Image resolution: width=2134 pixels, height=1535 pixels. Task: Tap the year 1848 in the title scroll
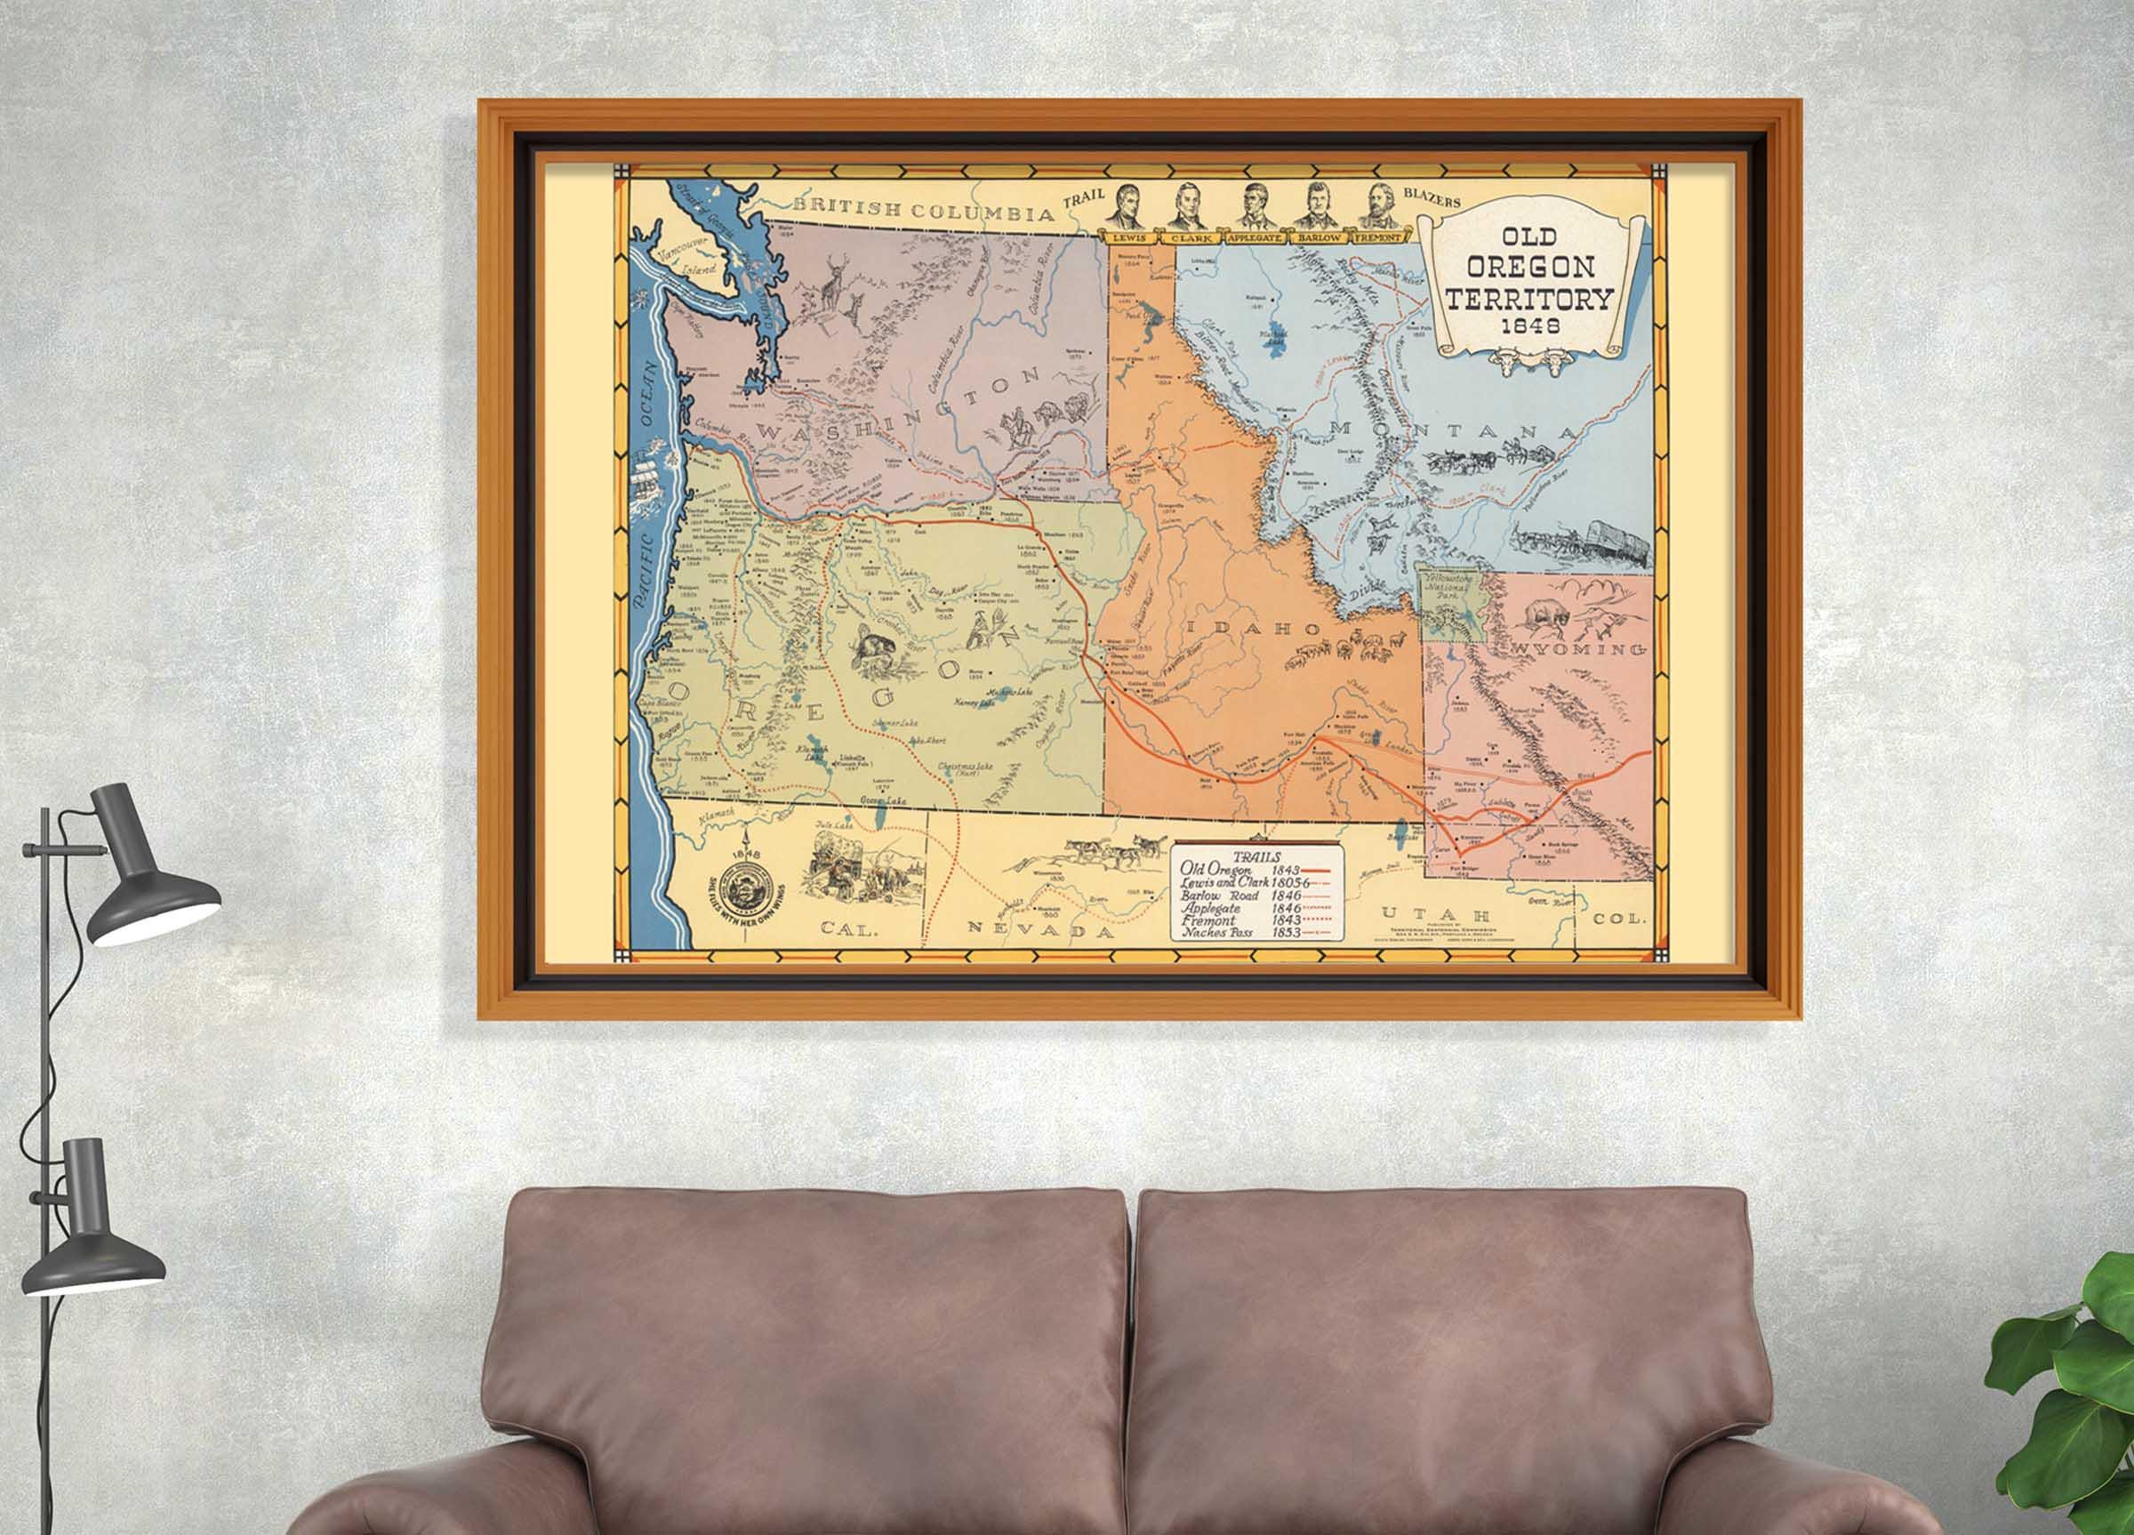click(1530, 325)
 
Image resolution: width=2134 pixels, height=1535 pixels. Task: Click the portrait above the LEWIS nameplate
click(1129, 207)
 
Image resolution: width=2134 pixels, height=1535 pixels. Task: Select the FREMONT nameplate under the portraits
click(1378, 238)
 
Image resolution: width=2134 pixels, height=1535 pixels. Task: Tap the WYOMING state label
click(1580, 649)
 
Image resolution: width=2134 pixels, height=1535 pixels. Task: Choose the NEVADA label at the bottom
click(1040, 930)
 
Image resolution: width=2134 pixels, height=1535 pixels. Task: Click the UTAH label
click(1435, 914)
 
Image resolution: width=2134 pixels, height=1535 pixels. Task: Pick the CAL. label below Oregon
click(848, 928)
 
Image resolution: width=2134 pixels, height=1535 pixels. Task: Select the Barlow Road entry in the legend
click(1219, 896)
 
